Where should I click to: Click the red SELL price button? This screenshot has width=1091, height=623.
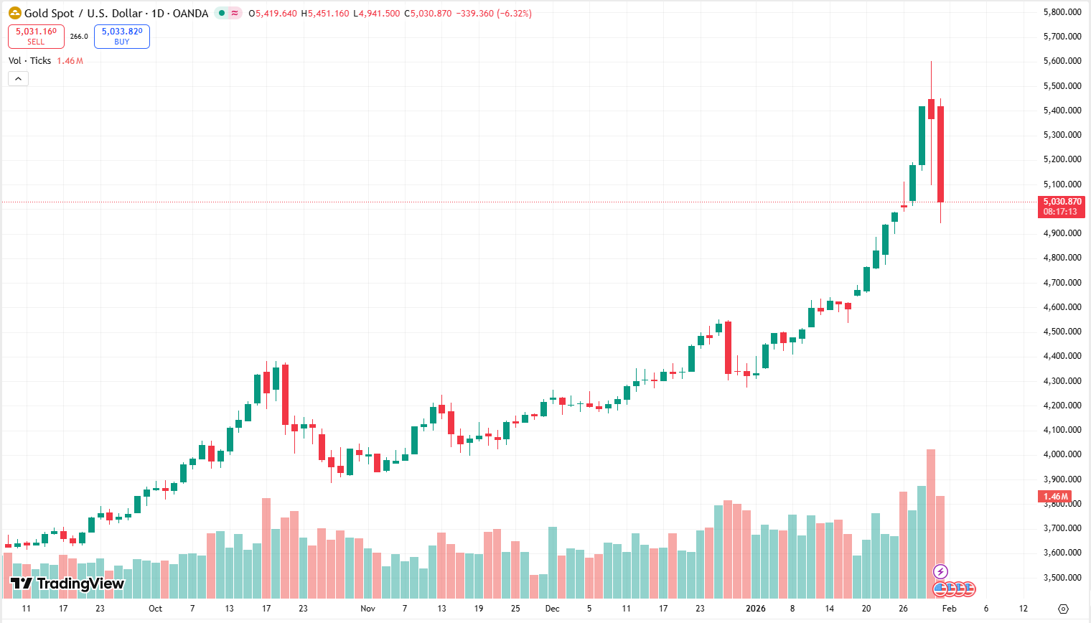(36, 37)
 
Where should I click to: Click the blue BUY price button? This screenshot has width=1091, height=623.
(121, 37)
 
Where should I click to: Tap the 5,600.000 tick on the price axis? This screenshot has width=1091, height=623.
(1062, 61)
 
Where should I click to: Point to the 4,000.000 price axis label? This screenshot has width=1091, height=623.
(1062, 454)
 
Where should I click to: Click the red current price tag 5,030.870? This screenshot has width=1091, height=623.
(1062, 207)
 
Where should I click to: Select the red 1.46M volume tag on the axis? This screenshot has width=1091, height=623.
(1055, 497)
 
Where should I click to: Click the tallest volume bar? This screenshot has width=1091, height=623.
(931, 524)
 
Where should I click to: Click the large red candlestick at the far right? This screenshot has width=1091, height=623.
(940, 154)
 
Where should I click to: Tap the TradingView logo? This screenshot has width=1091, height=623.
(67, 584)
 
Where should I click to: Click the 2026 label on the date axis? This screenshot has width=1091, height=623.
(755, 609)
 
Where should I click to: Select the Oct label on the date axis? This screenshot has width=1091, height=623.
(155, 609)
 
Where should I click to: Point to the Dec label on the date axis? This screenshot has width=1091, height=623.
(552, 609)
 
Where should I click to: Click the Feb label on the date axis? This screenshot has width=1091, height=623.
(949, 609)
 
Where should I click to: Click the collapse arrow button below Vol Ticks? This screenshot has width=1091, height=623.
(18, 79)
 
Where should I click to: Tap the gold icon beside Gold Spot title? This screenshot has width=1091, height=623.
(14, 13)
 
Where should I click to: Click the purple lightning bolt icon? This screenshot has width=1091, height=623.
(940, 572)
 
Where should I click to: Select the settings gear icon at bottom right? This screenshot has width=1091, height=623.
(1064, 609)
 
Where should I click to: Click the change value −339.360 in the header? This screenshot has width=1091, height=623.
(474, 14)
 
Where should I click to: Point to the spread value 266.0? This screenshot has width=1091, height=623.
(79, 37)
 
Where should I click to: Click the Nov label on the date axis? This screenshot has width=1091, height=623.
(367, 609)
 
